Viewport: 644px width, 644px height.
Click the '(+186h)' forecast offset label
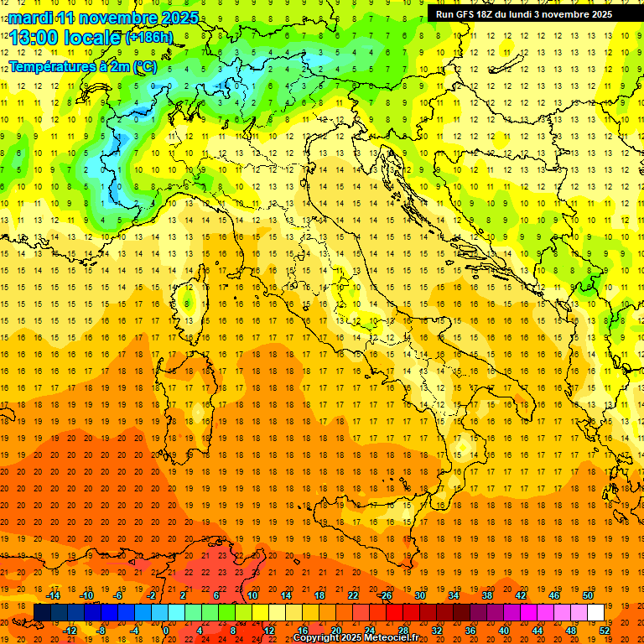point(148,38)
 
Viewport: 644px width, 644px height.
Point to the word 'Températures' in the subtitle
point(52,67)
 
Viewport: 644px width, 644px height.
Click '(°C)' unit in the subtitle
point(145,67)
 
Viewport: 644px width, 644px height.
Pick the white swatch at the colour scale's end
point(595,612)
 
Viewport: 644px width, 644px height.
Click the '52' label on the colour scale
point(605,631)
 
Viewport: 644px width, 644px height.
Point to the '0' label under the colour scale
point(166,631)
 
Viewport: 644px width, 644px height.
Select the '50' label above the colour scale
point(588,595)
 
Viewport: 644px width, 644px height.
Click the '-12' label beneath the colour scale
point(70,631)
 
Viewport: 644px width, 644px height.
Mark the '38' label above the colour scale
point(487,595)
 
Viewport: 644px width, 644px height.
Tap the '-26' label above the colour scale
point(385,595)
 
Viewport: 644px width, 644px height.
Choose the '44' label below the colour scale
point(538,631)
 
